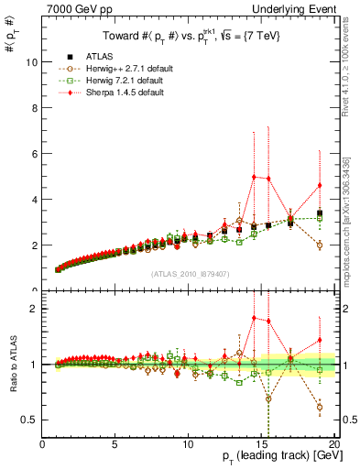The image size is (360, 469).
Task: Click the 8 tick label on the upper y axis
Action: coord(33,108)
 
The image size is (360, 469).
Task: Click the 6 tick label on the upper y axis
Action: coord(33,154)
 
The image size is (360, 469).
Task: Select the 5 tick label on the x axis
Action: coord(115,444)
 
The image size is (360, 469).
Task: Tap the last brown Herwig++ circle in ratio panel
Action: coord(319,407)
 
